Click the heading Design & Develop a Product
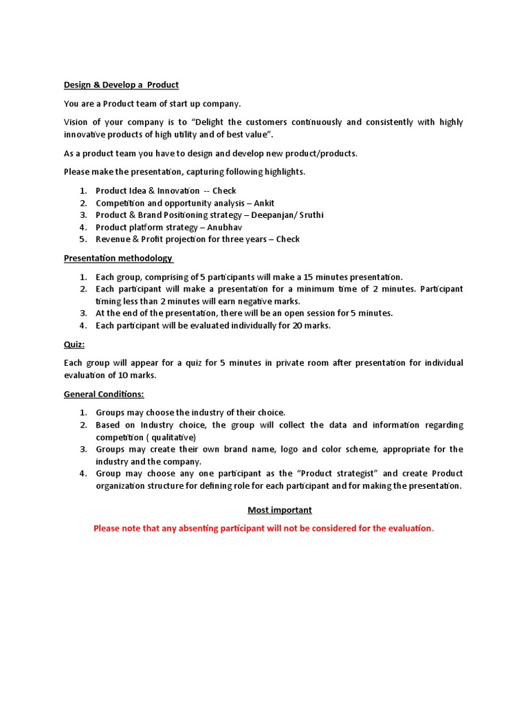pyautogui.click(x=121, y=85)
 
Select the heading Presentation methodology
pyautogui.click(x=118, y=258)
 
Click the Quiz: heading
pyautogui.click(x=74, y=344)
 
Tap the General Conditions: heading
pyautogui.click(x=104, y=395)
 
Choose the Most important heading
pyautogui.click(x=280, y=510)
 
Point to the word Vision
pyautogui.click(x=77, y=122)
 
